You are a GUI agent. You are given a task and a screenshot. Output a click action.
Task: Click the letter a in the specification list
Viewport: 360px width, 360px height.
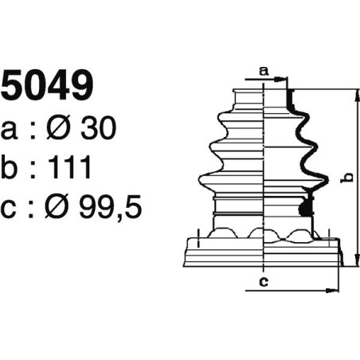(10, 131)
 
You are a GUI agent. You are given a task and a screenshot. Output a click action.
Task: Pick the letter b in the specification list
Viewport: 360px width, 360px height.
(10, 168)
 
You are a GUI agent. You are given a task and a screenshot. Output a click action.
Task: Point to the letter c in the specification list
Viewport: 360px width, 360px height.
(10, 209)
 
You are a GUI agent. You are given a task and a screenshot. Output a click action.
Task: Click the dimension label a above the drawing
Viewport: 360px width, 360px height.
(264, 70)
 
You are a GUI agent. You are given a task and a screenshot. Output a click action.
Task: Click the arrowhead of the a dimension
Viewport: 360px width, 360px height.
(284, 79)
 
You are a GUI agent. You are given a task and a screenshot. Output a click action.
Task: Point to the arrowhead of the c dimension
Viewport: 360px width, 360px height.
(335, 290)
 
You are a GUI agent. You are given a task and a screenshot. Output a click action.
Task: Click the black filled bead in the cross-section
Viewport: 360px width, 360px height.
(303, 209)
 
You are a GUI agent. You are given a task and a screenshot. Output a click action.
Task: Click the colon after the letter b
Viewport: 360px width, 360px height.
(33, 170)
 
